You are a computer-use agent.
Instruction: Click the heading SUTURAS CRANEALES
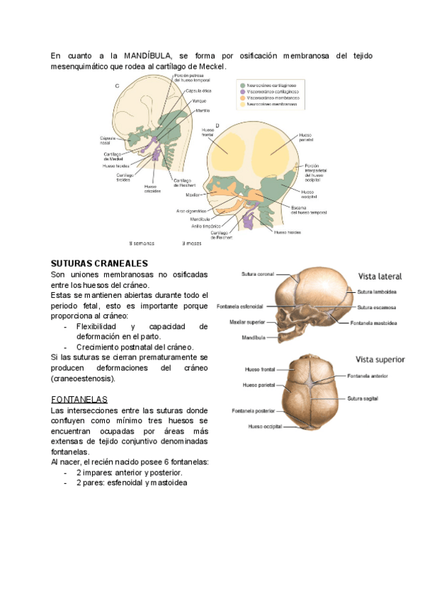click(x=100, y=263)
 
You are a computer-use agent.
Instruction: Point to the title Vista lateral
click(x=381, y=276)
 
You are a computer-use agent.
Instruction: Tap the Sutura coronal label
click(x=257, y=274)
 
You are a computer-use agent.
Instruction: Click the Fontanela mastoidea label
click(x=373, y=323)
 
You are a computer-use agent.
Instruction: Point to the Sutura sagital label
click(x=364, y=398)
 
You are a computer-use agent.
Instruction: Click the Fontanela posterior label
click(x=254, y=410)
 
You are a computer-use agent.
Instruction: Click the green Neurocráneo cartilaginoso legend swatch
click(x=242, y=84)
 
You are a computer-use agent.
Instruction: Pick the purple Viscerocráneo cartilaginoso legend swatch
click(x=242, y=91)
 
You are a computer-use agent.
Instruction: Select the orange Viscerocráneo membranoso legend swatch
click(x=242, y=98)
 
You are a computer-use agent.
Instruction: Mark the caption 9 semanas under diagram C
click(x=142, y=243)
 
